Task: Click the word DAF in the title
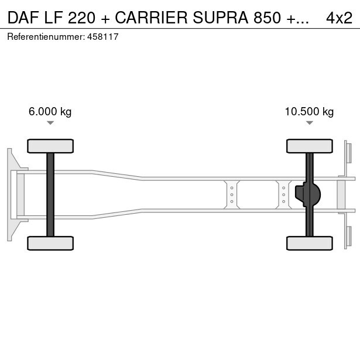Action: click(23, 18)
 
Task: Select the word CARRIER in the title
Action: click(151, 18)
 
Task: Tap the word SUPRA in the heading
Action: click(221, 18)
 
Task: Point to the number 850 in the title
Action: click(268, 18)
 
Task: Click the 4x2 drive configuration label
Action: click(339, 18)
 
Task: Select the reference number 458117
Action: click(103, 37)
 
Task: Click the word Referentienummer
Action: click(46, 37)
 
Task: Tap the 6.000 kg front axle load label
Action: click(50, 112)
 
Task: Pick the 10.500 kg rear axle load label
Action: click(309, 112)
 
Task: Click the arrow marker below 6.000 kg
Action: click(50, 123)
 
